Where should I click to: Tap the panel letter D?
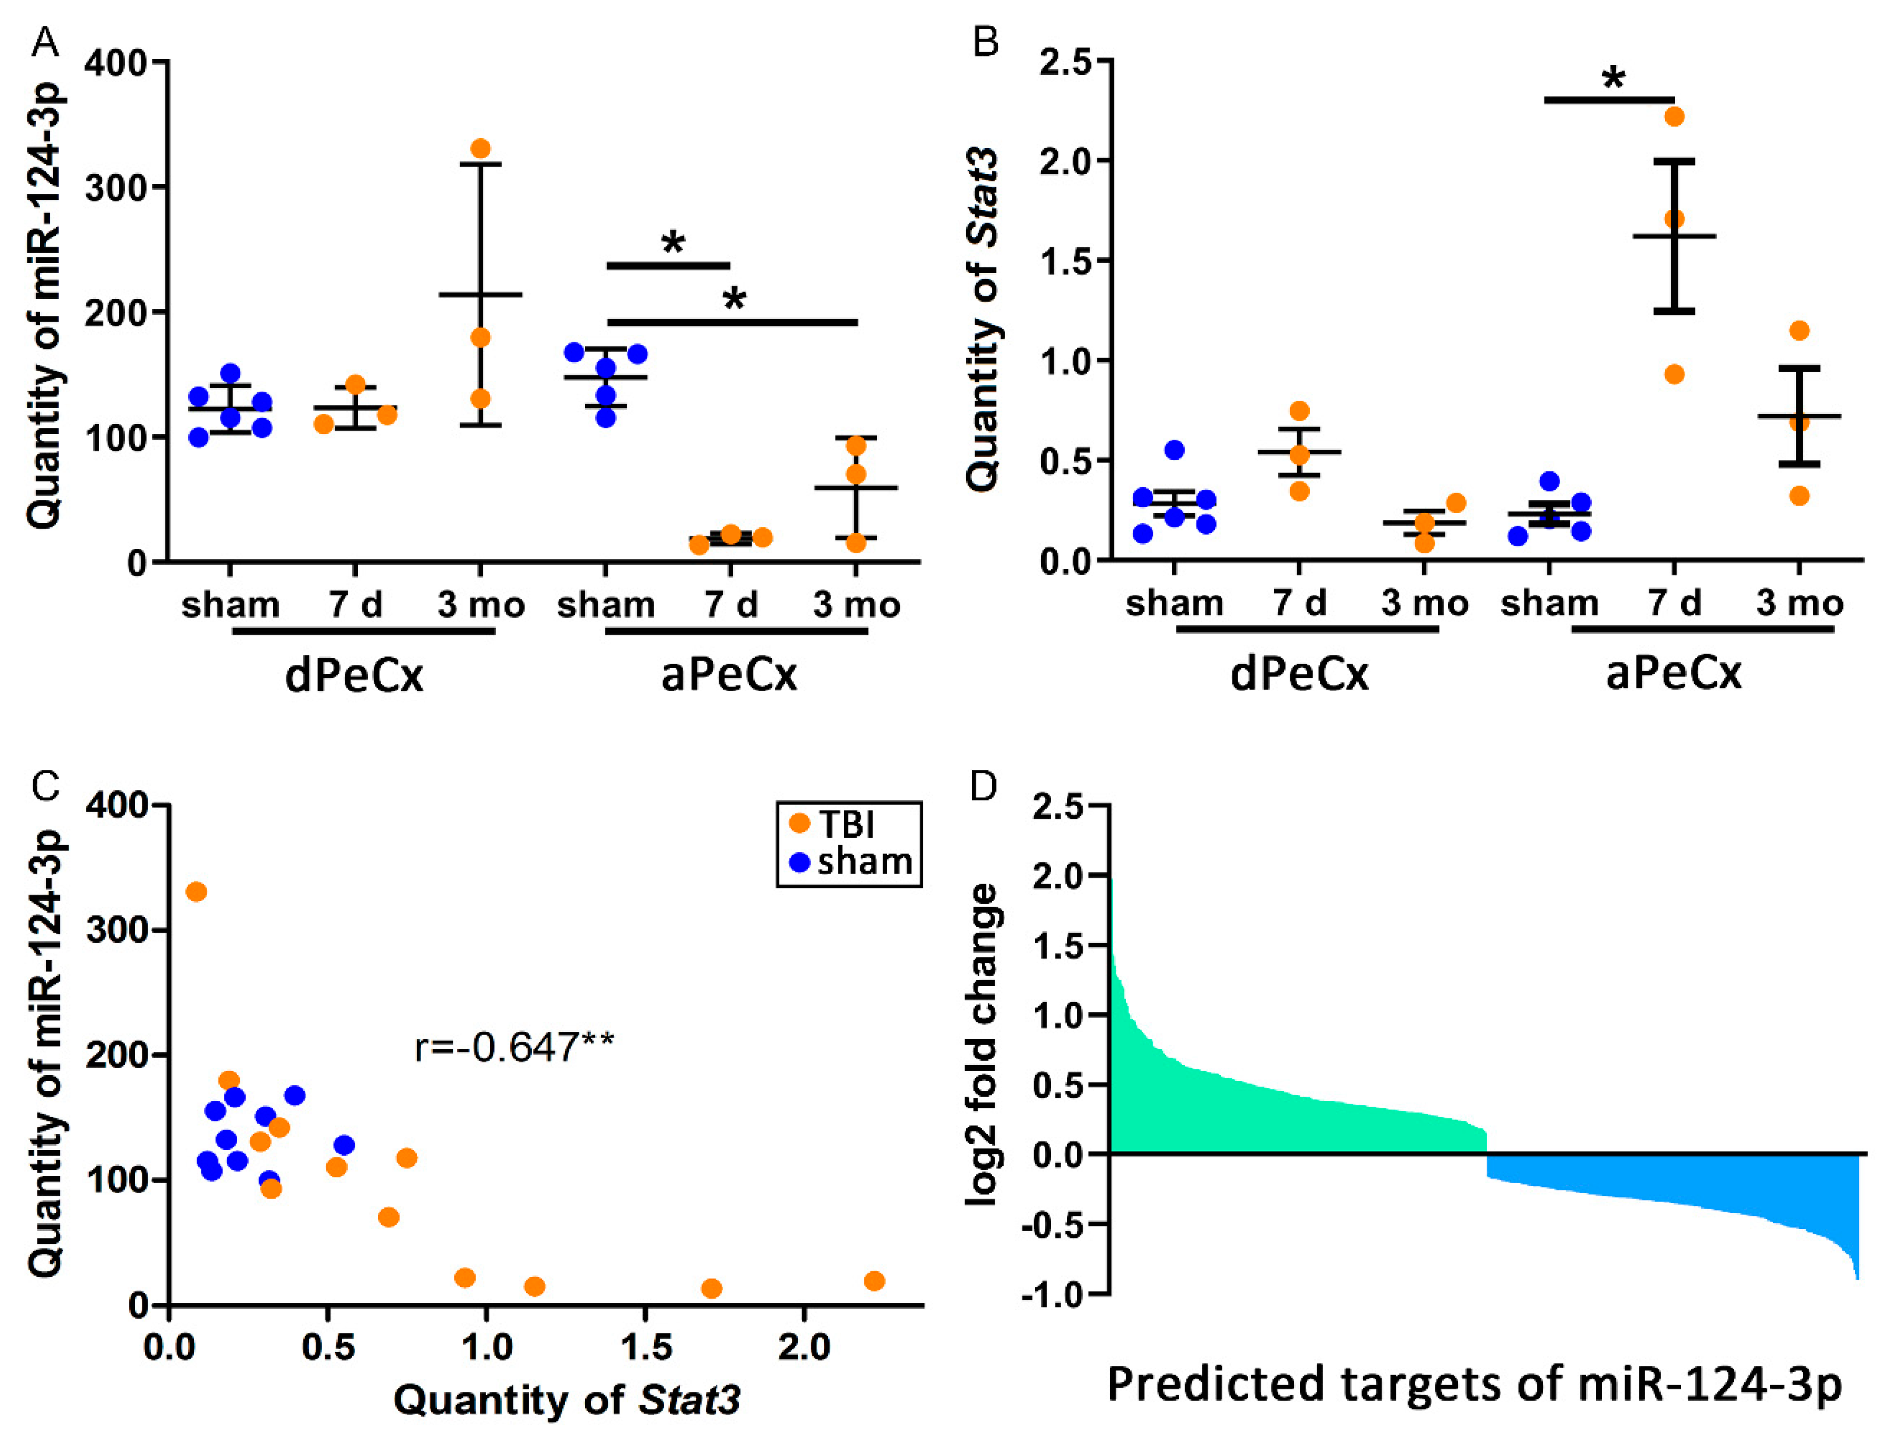(984, 784)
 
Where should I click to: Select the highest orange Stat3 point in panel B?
(1674, 116)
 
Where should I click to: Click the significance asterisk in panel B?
(1612, 80)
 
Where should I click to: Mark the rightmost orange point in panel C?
(874, 1281)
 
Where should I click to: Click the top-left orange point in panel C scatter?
(197, 892)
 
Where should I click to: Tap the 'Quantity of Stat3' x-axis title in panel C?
(566, 1400)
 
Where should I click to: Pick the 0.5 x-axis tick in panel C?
(327, 1348)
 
